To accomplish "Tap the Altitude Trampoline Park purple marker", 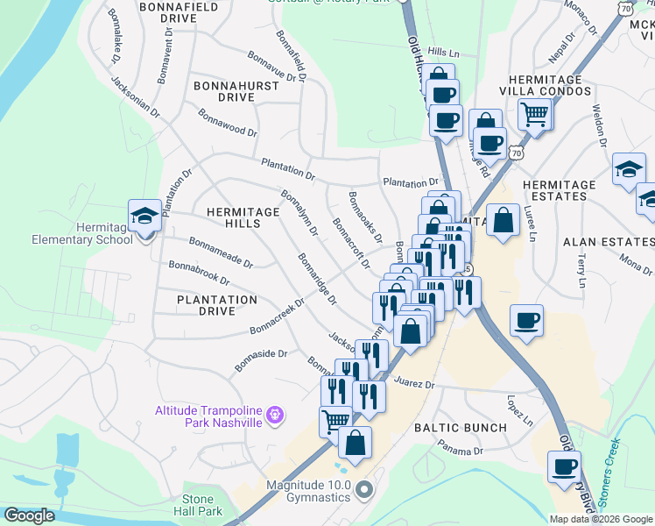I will coord(275,413).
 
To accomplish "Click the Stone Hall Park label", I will coord(202,504).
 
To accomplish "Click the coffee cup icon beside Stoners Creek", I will coord(564,466).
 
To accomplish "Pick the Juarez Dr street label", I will coord(415,384).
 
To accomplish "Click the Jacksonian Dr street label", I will coord(136,96).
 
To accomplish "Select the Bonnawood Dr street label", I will coord(228,123).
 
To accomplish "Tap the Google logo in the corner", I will coord(29,515).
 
